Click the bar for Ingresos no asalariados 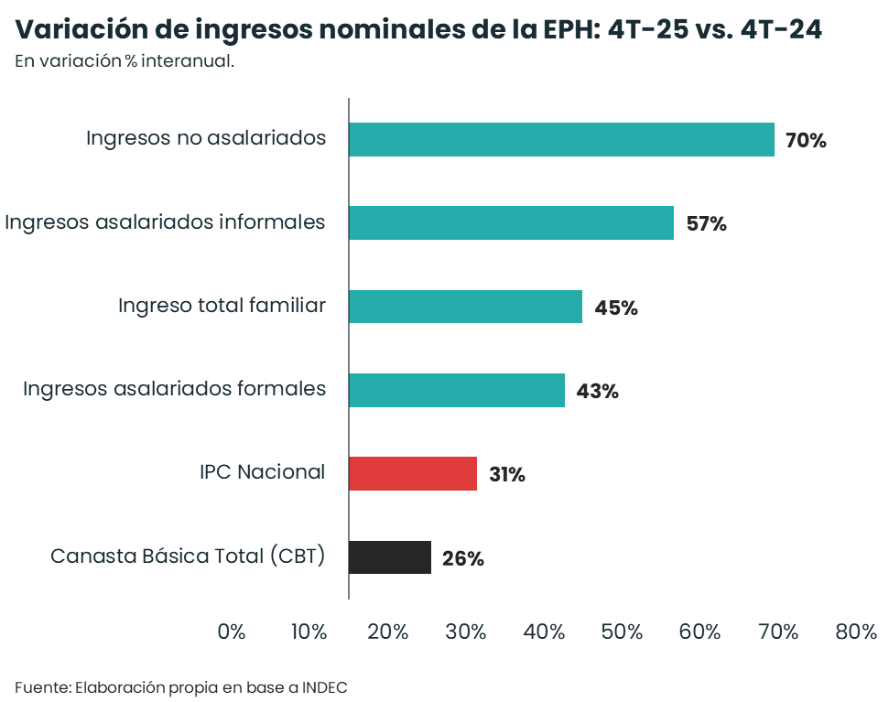(x=561, y=140)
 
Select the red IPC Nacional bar (x=413, y=473)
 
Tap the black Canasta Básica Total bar (x=390, y=557)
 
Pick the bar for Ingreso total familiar (x=465, y=307)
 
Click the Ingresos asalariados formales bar (x=457, y=390)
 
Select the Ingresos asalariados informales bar (x=511, y=223)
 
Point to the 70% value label (x=806, y=141)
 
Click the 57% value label (x=706, y=224)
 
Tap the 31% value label (x=506, y=475)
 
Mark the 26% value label (x=462, y=558)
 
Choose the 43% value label (x=597, y=392)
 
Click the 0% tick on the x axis (x=232, y=632)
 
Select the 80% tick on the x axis (x=856, y=632)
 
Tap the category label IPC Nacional (x=262, y=472)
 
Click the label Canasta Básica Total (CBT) (x=188, y=556)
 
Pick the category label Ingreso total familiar (x=222, y=306)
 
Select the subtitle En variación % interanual (x=125, y=62)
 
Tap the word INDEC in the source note (x=324, y=686)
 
